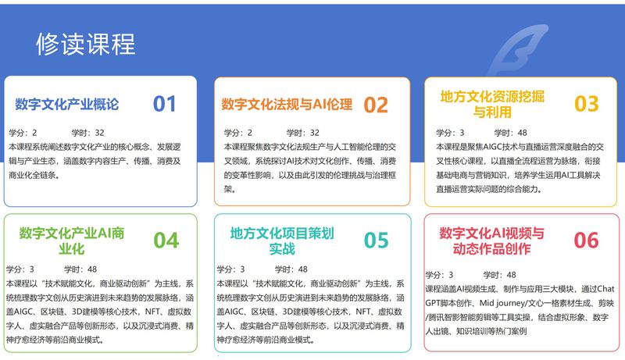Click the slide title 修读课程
pos(86,44)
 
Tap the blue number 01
pos(164,104)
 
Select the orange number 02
pos(376,105)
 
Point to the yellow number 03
pos(587,104)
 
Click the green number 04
pos(166,241)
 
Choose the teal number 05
pos(377,241)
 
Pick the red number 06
pos(587,241)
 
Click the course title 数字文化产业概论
pos(67,105)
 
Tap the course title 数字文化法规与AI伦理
pos(287,105)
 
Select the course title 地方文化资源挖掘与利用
pos(492,104)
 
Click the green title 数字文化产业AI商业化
pos(72,241)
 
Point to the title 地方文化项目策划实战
pos(282,241)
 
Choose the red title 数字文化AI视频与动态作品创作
pos(492,241)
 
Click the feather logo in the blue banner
pos(518,50)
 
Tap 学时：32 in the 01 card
pos(87,133)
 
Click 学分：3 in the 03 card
pos(450,133)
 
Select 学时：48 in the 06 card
pos(499,275)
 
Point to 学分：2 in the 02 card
pos(238,133)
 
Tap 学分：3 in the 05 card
pos(230,269)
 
